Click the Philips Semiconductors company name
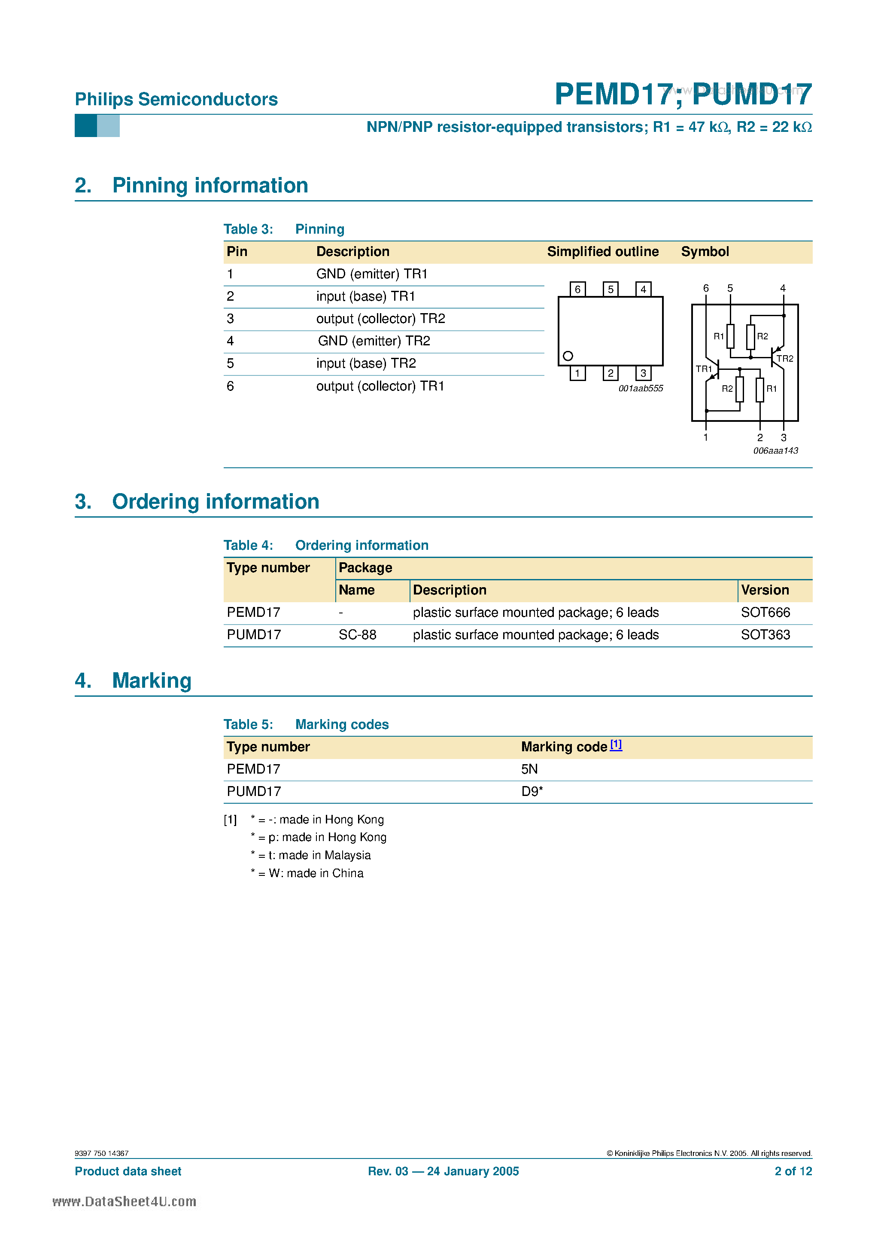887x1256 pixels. [176, 100]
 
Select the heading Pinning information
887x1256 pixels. [210, 186]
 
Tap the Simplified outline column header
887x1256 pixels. [603, 252]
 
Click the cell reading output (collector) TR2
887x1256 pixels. [381, 319]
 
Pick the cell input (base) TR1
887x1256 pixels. [365, 296]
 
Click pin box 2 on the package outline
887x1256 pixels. [610, 374]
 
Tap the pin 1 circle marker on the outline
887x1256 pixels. [568, 356]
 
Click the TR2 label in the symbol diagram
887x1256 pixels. [785, 359]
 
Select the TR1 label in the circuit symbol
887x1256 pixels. [703, 369]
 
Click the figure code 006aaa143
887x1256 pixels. [775, 451]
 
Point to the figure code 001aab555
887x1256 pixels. [641, 388]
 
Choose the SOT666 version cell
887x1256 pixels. [765, 613]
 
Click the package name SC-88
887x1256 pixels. [358, 635]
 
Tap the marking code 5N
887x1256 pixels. [529, 770]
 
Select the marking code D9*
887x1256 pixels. [532, 792]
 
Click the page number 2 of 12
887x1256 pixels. [793, 1171]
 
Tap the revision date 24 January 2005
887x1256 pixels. [473, 1171]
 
